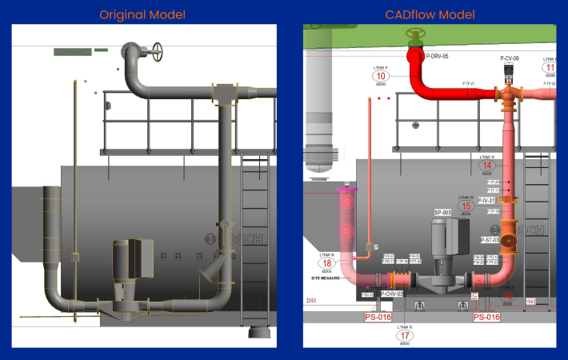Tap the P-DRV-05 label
click(437, 57)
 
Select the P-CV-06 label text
click(510, 58)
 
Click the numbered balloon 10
click(380, 76)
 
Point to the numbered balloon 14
click(487, 166)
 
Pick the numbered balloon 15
click(466, 206)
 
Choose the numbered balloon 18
click(326, 262)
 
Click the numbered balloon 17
click(405, 336)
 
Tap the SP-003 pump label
click(442, 213)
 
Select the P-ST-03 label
click(490, 240)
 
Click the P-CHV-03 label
click(392, 294)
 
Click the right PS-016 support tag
click(486, 317)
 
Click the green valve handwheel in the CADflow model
click(414, 34)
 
